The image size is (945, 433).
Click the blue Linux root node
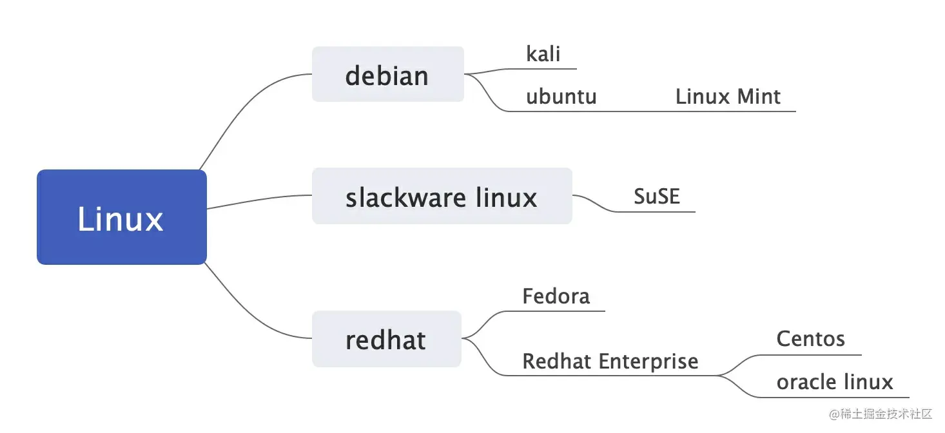pos(121,217)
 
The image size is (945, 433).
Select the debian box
pos(387,75)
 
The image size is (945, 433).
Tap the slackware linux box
pos(442,197)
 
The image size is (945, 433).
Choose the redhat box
pos(386,340)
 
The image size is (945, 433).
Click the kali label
pos(543,54)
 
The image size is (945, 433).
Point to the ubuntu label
pos(561,97)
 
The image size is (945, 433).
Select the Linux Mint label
pos(728,97)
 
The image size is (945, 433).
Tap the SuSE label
pos(656,196)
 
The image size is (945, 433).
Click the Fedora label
pos(556,296)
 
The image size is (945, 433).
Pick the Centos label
pos(810,339)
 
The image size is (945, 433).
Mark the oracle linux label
pos(834,382)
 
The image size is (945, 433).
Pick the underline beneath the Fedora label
pos(561,311)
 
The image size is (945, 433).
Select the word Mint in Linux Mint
pos(759,97)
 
